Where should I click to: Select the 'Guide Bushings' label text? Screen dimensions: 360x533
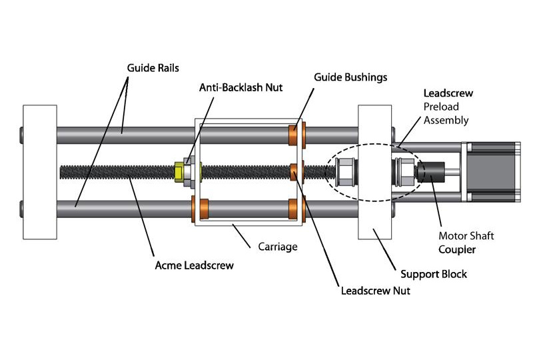coord(350,77)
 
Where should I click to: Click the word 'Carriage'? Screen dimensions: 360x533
coord(277,247)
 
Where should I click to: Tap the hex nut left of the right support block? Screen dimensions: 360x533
coord(344,172)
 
